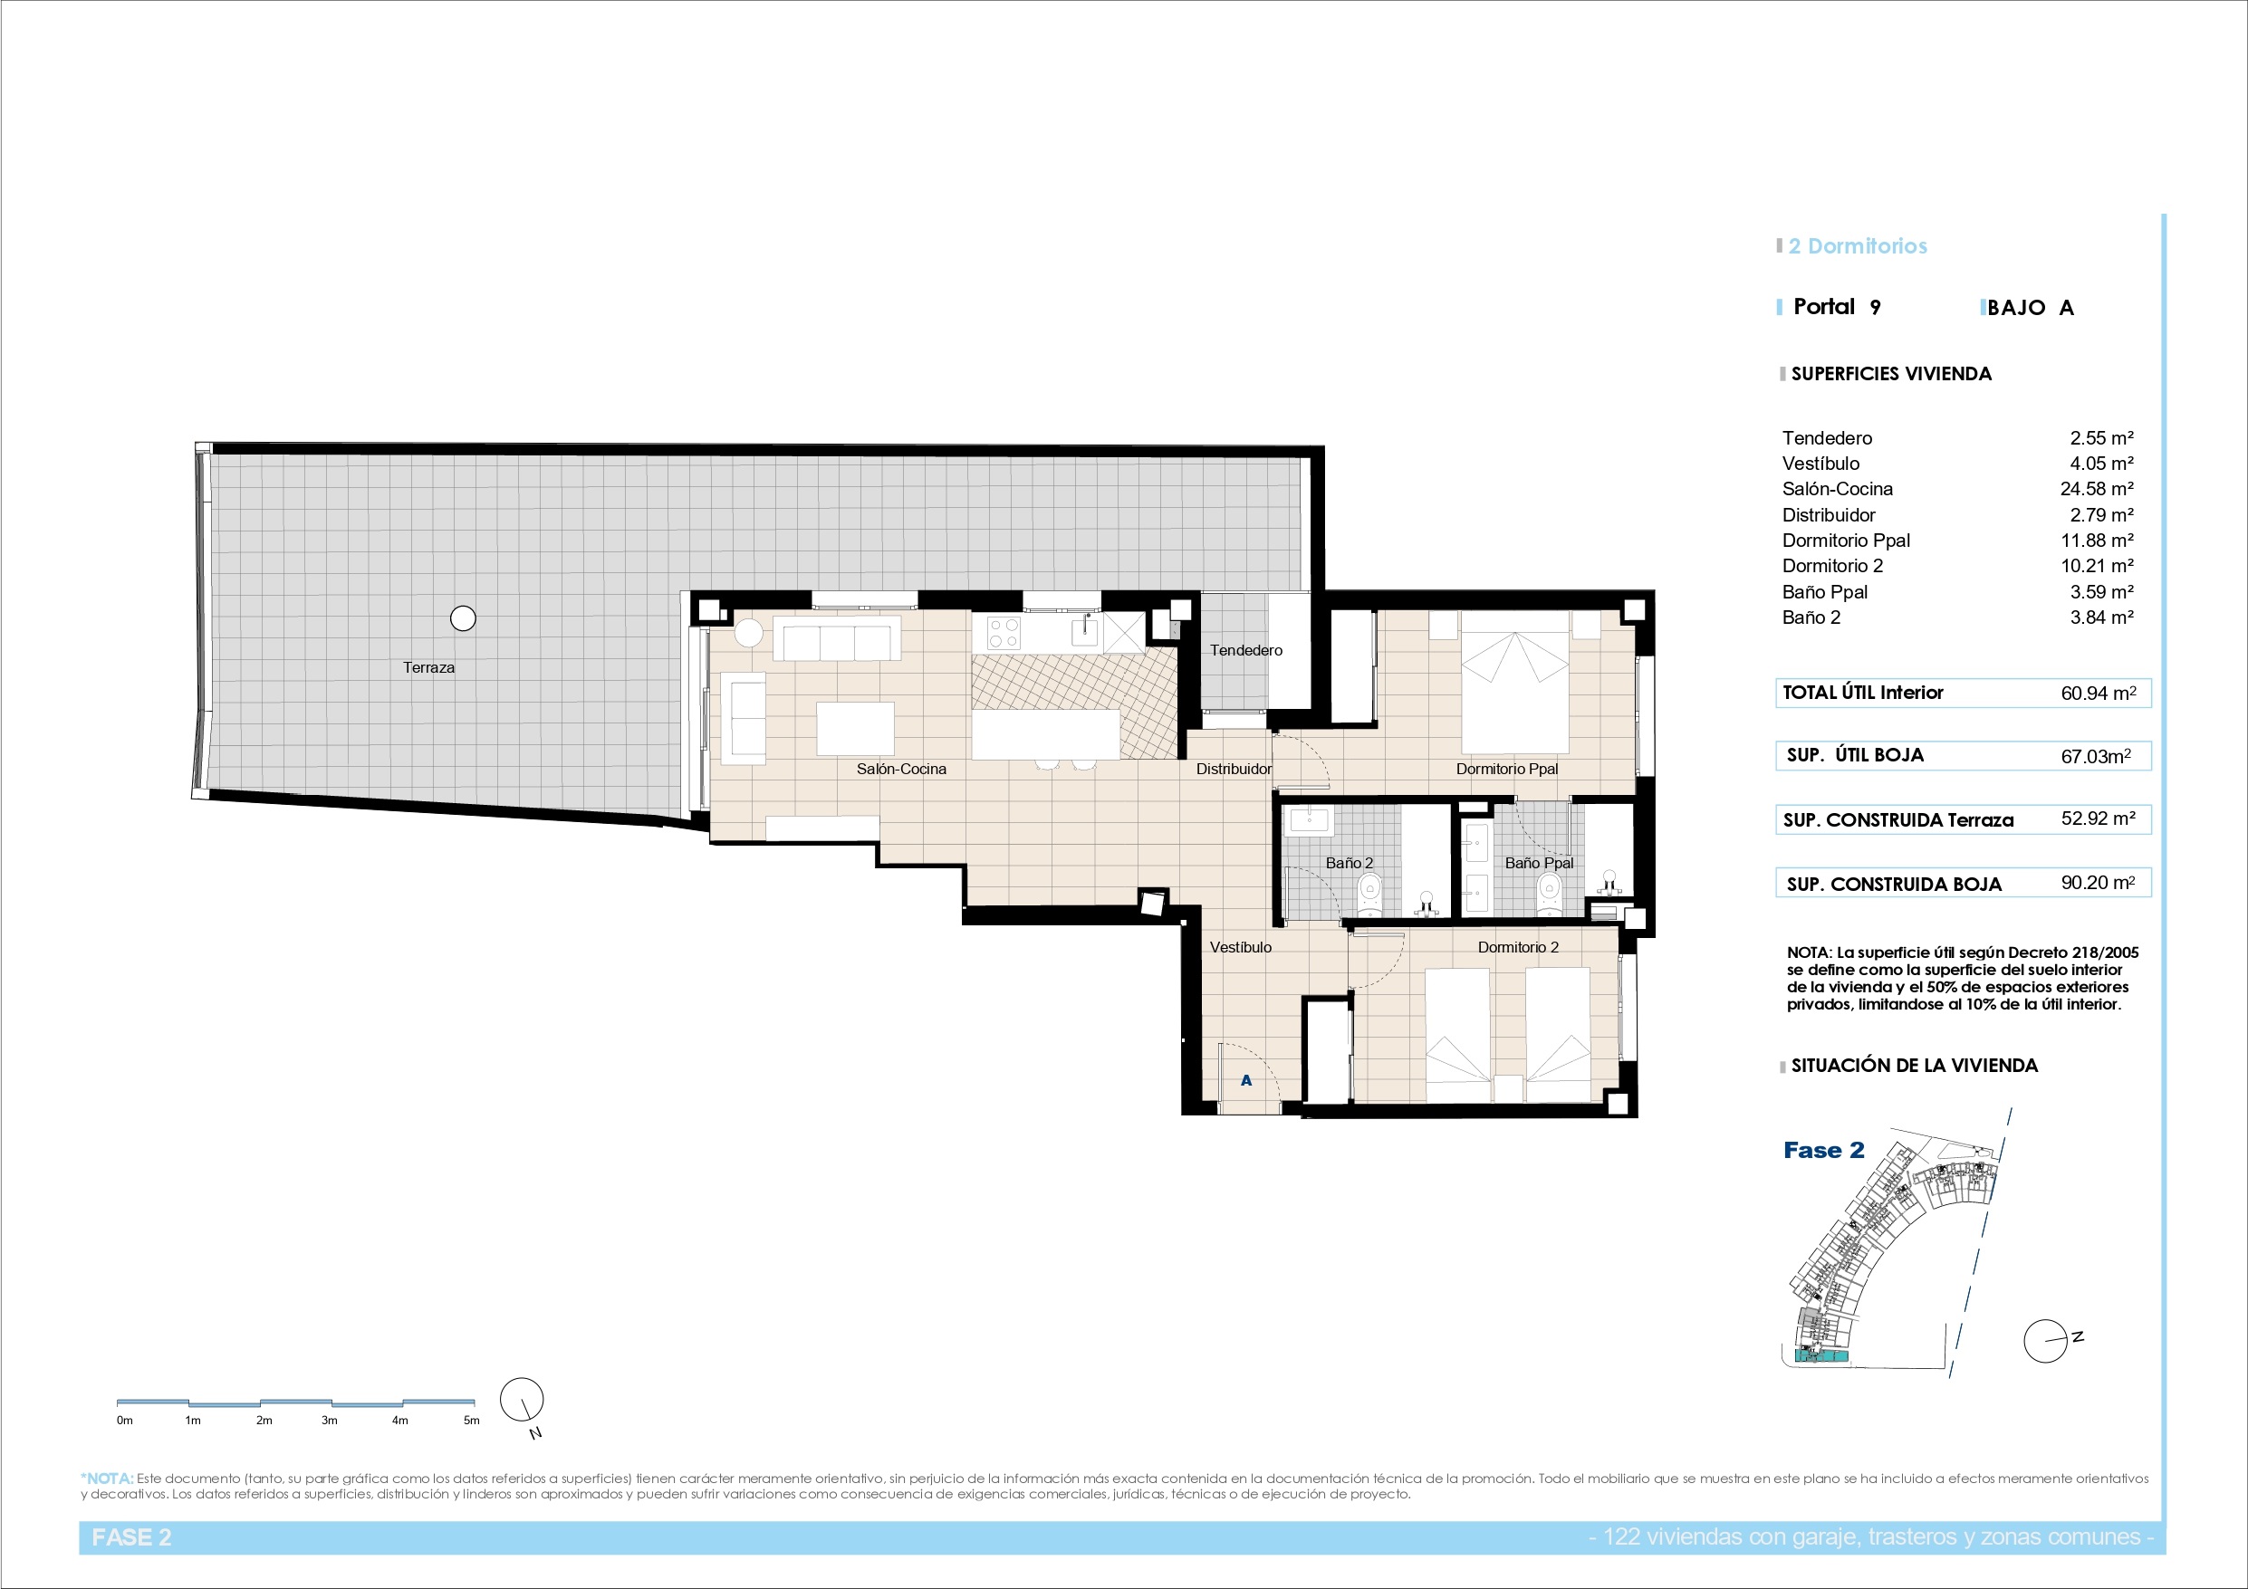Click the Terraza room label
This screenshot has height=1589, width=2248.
click(x=428, y=667)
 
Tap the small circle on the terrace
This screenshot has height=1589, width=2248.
click(x=463, y=618)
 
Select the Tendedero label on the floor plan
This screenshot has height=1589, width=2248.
click(x=1245, y=650)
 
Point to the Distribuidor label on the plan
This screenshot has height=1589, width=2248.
click(x=1234, y=770)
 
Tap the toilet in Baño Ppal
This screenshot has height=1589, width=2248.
click(x=1548, y=892)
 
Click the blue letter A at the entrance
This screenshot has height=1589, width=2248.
click(x=1246, y=1081)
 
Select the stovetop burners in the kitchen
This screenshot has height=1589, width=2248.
click(x=1004, y=633)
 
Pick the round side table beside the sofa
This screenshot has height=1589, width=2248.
click(x=749, y=634)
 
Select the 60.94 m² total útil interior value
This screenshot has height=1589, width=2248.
click(x=2099, y=694)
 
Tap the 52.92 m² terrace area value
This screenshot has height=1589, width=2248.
click(x=2099, y=818)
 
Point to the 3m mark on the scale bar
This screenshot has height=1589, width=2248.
click(x=330, y=1421)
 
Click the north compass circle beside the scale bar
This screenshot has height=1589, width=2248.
click(x=522, y=1400)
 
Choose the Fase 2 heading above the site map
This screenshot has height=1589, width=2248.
click(x=1824, y=1151)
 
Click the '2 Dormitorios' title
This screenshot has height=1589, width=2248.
click(x=1858, y=246)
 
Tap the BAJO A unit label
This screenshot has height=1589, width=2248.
click(x=2032, y=308)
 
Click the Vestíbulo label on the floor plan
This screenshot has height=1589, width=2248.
click(x=1241, y=948)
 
